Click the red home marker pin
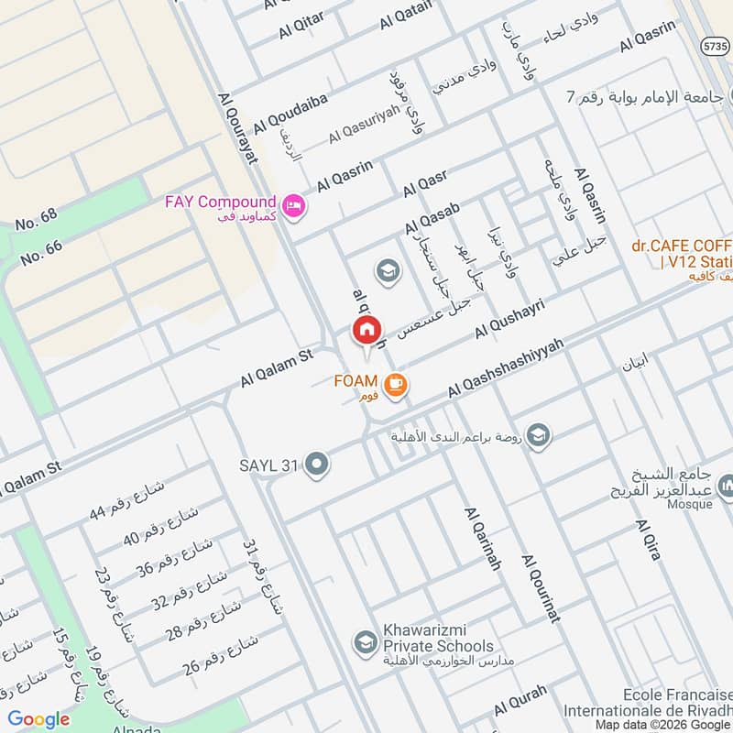pos(366,329)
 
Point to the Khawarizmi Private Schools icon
pos(366,640)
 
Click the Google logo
pos(39,719)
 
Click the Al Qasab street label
pos(432,220)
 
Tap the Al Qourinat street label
pos(541,587)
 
